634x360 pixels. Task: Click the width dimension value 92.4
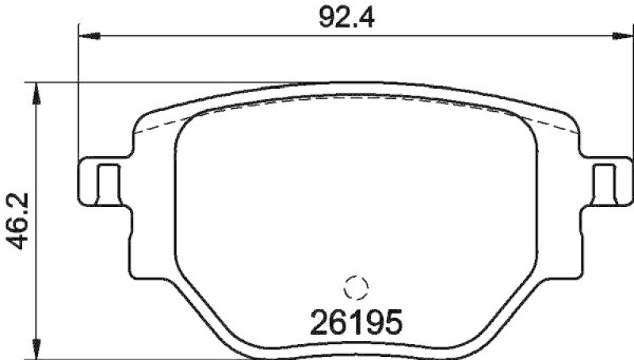click(x=346, y=16)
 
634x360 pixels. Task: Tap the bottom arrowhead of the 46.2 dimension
click(x=34, y=349)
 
